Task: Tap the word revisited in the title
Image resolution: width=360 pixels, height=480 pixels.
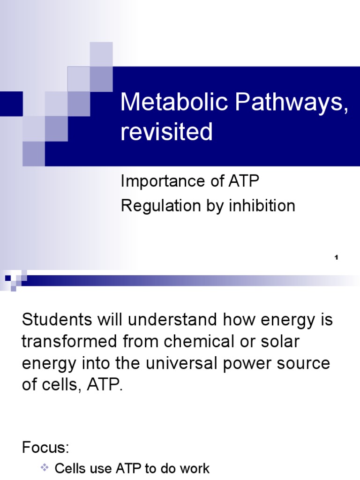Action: coord(166,132)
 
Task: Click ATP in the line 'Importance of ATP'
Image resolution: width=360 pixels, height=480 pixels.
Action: coord(243,181)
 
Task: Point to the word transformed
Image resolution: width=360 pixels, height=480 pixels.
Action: coord(68,341)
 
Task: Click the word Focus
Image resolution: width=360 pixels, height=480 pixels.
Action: coord(45,448)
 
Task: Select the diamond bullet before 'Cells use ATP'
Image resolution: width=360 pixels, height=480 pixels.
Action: coord(45,468)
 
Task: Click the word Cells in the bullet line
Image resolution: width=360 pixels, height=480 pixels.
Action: coord(70,468)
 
